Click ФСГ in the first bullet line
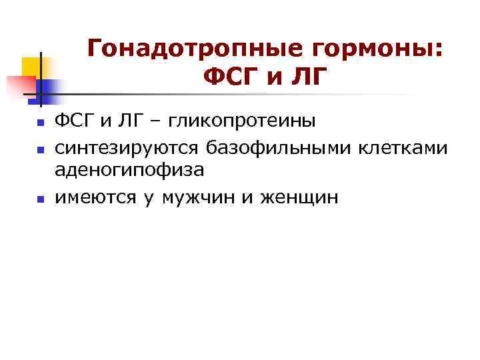73,122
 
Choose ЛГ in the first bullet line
125,122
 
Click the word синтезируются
127,147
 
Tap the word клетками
404,147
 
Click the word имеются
95,197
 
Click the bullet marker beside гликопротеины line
40,123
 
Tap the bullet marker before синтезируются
40,147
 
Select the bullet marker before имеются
40,198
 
